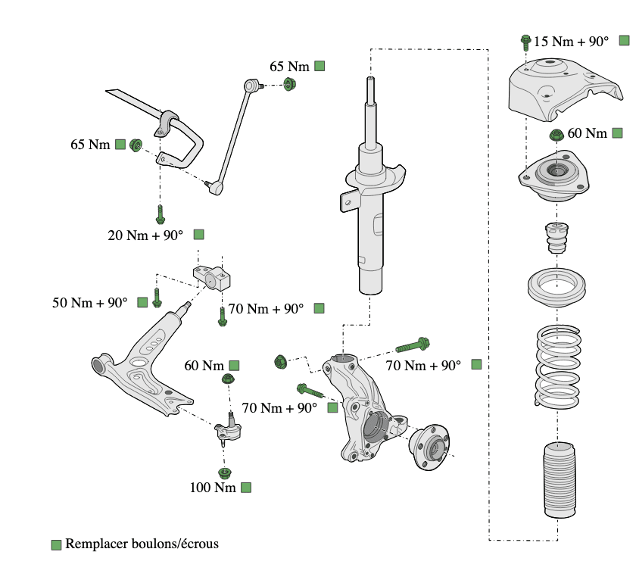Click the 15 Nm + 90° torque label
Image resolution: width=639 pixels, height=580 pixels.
click(572, 42)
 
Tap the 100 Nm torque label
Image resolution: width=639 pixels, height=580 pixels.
click(213, 488)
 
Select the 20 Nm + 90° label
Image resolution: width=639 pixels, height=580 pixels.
click(145, 235)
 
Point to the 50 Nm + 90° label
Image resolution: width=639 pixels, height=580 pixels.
click(89, 303)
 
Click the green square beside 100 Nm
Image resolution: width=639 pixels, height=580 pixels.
click(246, 488)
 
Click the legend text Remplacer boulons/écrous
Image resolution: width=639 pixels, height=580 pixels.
click(142, 544)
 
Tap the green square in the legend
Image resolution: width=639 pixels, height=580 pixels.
click(56, 544)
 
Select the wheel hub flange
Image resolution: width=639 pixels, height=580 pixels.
click(429, 450)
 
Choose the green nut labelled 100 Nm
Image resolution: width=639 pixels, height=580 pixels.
click(224, 474)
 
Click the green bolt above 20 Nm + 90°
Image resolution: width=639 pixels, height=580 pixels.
click(160, 214)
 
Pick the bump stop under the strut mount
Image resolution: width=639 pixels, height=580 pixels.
click(557, 240)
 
